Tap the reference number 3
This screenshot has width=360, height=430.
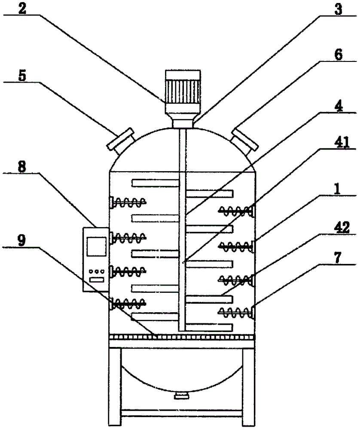point(339,9)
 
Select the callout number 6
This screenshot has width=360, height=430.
point(339,56)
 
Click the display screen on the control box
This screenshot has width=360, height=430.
point(96,247)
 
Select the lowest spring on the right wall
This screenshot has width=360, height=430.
point(235,311)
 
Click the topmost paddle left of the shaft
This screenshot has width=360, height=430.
point(155,183)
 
